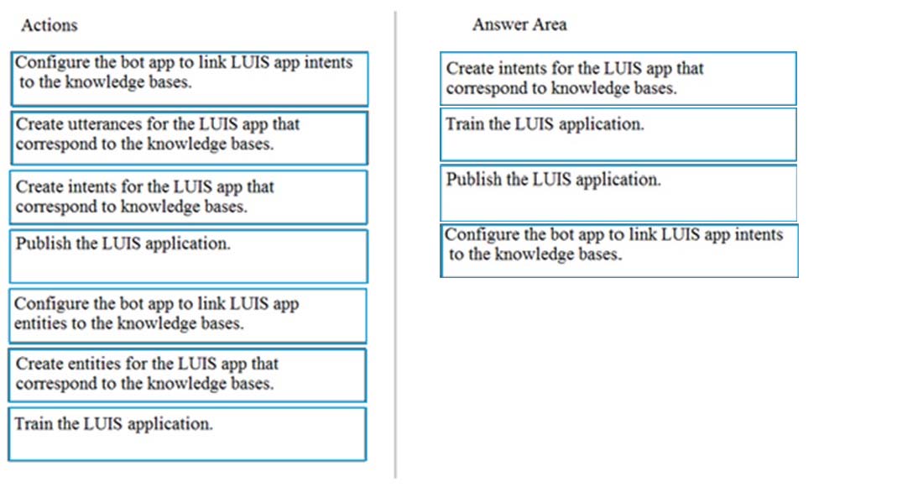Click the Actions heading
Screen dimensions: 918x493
pos(50,25)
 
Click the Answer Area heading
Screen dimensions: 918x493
pos(519,24)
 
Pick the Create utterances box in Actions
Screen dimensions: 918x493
pos(189,139)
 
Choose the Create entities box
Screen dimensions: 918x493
pos(187,375)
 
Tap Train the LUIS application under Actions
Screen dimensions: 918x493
pos(187,434)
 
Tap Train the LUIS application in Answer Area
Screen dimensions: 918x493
pos(618,134)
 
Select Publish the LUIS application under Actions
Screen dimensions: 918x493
pos(189,256)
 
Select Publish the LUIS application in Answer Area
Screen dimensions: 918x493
pos(618,193)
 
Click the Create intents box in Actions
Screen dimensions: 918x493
pos(189,197)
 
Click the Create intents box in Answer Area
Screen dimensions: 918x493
pos(618,79)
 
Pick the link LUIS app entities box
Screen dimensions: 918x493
pos(188,316)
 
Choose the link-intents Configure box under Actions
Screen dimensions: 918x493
pos(190,79)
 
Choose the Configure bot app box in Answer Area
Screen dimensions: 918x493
pos(618,251)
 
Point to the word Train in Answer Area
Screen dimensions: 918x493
pos(465,124)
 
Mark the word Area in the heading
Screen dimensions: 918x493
pos(550,24)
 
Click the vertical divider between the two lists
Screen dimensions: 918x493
pos(396,245)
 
